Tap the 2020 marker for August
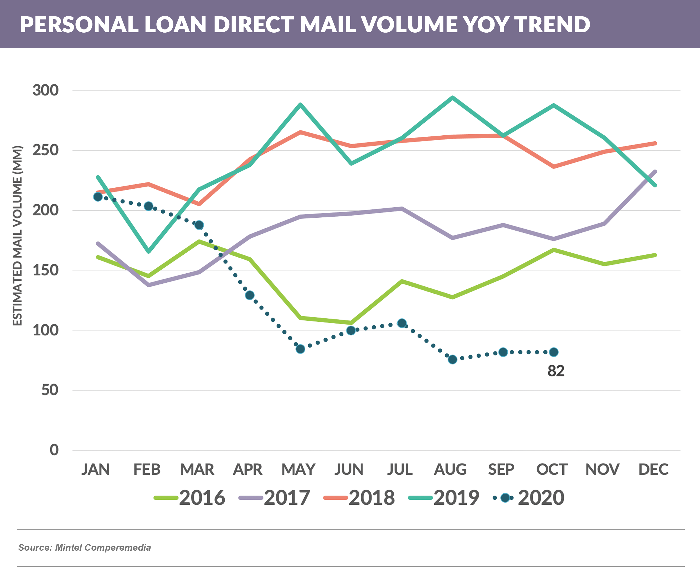coord(452,360)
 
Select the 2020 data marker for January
coord(98,197)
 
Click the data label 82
coord(556,371)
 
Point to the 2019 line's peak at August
coord(452,98)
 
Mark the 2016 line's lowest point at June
coord(351,323)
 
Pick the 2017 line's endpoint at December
coord(655,172)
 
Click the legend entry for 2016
coord(190,498)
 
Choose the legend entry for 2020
coord(529,498)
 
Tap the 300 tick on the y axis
coord(45,90)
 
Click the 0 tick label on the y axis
coord(54,450)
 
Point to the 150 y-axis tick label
coord(45,270)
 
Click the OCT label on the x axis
coord(552,469)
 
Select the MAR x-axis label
coord(197,469)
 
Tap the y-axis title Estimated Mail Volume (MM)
coord(17,236)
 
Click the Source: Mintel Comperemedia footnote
coord(85,548)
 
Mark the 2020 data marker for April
coord(250,295)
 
